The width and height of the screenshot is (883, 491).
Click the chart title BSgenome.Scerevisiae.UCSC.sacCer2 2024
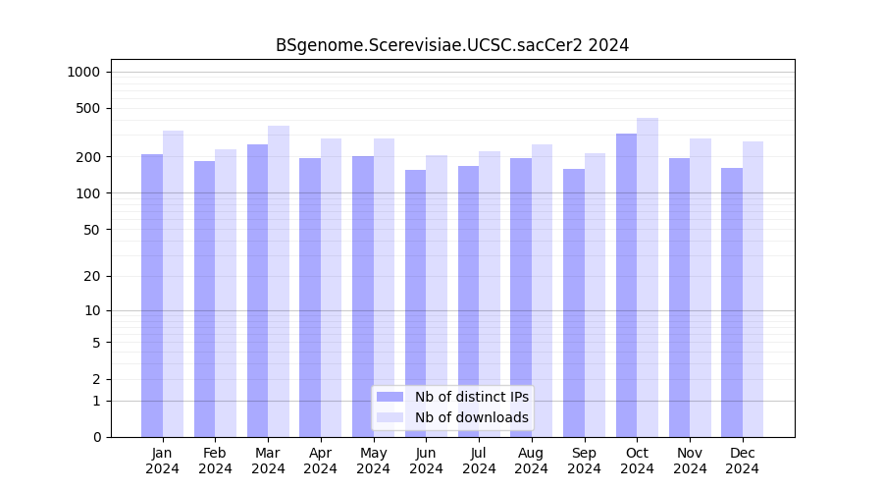tap(451, 45)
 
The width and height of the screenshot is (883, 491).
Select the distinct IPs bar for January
tap(152, 295)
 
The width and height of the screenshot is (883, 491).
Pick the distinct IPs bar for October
tap(626, 285)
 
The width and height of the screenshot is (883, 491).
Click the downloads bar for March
tap(279, 281)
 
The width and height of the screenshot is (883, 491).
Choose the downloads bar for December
tap(753, 289)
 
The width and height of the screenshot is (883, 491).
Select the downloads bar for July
tap(490, 294)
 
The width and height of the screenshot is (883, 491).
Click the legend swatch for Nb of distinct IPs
tap(390, 397)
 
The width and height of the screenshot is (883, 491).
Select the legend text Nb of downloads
tap(471, 417)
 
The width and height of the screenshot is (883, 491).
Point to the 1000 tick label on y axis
tap(83, 72)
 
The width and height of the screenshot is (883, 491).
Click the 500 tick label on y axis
tap(88, 108)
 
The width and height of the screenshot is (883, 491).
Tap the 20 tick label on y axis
tap(91, 276)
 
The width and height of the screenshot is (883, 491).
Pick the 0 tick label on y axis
tap(95, 437)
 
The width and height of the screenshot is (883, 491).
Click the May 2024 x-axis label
tap(373, 461)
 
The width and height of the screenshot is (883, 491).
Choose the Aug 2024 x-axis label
tap(532, 461)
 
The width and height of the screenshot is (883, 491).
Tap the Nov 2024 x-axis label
tap(690, 461)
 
